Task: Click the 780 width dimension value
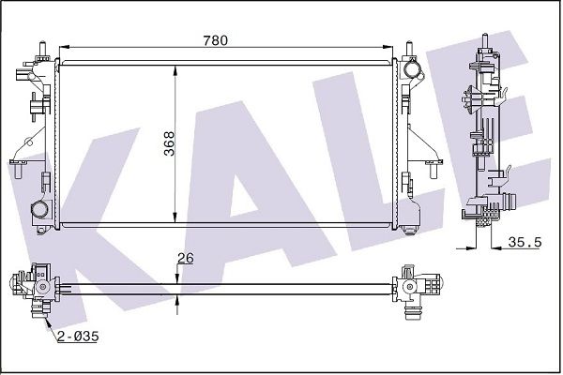(x=216, y=40)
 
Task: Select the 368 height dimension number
(x=169, y=143)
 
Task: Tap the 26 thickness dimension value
(x=186, y=258)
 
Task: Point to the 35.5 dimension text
(x=525, y=242)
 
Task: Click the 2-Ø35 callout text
(x=78, y=337)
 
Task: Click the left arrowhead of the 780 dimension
(x=64, y=47)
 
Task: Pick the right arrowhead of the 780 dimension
(x=388, y=47)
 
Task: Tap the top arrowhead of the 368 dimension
(x=175, y=70)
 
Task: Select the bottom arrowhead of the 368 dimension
(x=175, y=217)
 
